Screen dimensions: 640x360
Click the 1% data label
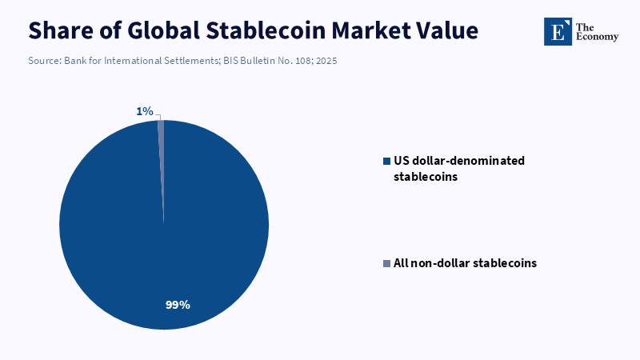tap(145, 111)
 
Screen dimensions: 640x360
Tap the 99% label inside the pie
tap(178, 305)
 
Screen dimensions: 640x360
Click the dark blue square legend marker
tap(386, 162)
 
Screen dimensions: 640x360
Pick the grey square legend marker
tap(386, 264)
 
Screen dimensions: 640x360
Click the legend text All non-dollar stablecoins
tap(465, 263)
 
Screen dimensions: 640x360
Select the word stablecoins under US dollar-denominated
tap(426, 177)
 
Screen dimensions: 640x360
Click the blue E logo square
tap(558, 31)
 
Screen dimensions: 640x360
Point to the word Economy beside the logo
tap(597, 37)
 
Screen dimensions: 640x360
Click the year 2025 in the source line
tap(326, 61)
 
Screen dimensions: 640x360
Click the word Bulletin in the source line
tap(258, 61)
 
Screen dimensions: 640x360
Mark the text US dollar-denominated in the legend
tap(459, 161)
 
